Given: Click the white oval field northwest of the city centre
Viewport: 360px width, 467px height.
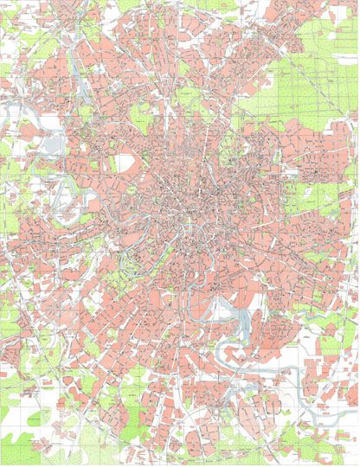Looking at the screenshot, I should click(x=125, y=163).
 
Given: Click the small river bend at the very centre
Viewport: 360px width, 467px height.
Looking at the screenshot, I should click(x=186, y=226).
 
